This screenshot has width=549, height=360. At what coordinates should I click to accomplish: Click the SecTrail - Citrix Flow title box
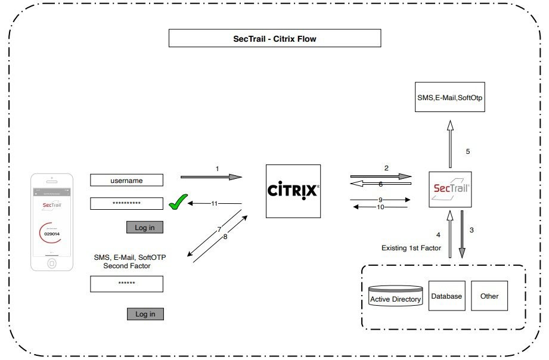[x=275, y=39]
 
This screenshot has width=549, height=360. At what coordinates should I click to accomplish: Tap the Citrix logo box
[x=293, y=191]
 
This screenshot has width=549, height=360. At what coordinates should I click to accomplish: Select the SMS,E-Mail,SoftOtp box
[x=450, y=97]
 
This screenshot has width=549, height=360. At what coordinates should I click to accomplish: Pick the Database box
[x=446, y=296]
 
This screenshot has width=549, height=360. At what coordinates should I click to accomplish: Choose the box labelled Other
[x=489, y=296]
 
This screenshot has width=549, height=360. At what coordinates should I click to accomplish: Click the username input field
[x=126, y=180]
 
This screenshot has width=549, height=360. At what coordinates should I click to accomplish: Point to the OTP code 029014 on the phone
[x=52, y=234]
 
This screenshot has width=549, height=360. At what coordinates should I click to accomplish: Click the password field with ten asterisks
[x=126, y=203]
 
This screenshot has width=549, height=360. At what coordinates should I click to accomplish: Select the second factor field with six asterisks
[x=126, y=284]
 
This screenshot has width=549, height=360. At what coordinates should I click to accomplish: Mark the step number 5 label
[x=468, y=151]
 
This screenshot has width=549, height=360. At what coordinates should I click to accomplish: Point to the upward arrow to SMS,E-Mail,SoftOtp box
[x=450, y=143]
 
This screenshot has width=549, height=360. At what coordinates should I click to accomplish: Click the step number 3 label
[x=472, y=230]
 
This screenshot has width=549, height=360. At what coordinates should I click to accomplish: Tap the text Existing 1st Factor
[x=411, y=247]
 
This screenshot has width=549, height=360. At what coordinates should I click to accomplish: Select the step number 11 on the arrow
[x=215, y=204]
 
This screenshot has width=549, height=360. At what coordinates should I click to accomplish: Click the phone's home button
[x=52, y=263]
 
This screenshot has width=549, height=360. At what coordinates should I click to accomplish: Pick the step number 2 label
[x=386, y=168]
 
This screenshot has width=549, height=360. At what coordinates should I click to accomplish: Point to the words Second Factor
[x=126, y=266]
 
